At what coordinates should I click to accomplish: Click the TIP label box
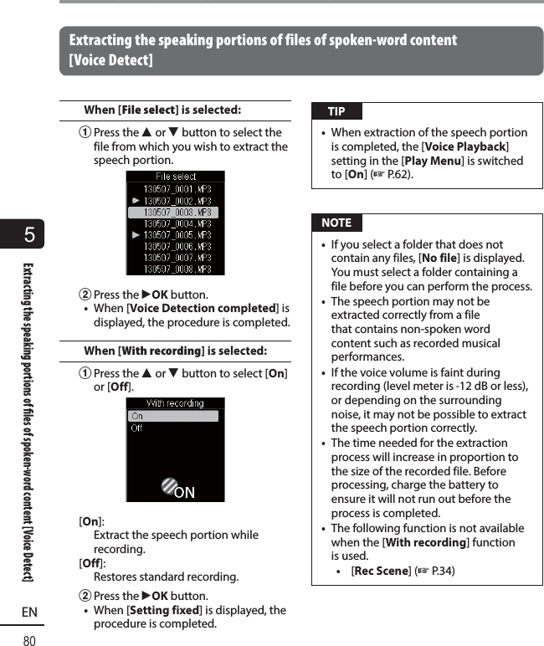336,112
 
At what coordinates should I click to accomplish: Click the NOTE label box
336,223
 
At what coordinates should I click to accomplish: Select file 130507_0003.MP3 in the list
177,213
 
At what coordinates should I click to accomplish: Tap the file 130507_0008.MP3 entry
177,269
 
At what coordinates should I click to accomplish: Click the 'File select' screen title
176,177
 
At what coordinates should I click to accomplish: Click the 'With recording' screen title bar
175,403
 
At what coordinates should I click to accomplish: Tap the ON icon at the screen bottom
177,490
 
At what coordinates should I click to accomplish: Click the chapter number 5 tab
29,235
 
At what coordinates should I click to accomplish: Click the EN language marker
29,613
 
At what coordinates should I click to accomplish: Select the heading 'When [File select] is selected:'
162,110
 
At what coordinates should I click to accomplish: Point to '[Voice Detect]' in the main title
110,60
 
